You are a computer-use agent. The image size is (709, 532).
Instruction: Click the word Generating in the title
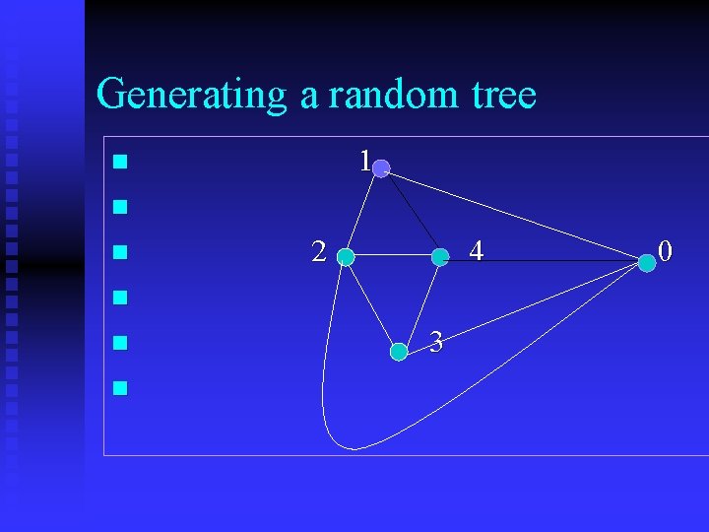coord(191,96)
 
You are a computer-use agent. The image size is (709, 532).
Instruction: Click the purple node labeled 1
coord(381,168)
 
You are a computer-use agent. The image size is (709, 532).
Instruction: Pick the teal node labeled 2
coord(346,258)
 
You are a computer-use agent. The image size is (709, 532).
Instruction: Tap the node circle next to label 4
coord(440,257)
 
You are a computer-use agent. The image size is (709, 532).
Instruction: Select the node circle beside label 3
coord(398,351)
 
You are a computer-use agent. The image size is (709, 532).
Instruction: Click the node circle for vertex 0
coord(646,263)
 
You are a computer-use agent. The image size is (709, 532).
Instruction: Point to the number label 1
coord(364,161)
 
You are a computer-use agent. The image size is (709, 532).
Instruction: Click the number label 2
coord(318,252)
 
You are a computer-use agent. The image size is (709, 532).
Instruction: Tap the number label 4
coord(476,252)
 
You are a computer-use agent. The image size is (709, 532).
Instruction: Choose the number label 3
coord(436,343)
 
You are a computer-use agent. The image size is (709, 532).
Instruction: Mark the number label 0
coord(666,252)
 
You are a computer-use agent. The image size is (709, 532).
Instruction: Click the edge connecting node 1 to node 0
coord(512,215)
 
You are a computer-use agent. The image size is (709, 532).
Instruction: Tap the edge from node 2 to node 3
coord(371,304)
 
